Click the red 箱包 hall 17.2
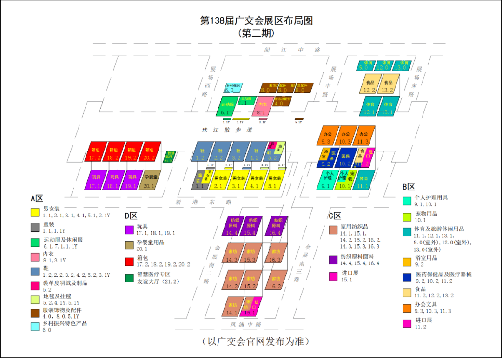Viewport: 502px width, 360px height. click(95, 153)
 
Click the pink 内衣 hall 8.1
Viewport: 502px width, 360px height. click(261, 107)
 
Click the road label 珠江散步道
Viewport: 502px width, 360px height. click(224, 130)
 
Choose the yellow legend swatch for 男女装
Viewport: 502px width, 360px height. click(34, 212)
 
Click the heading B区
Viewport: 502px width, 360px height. click(408, 187)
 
